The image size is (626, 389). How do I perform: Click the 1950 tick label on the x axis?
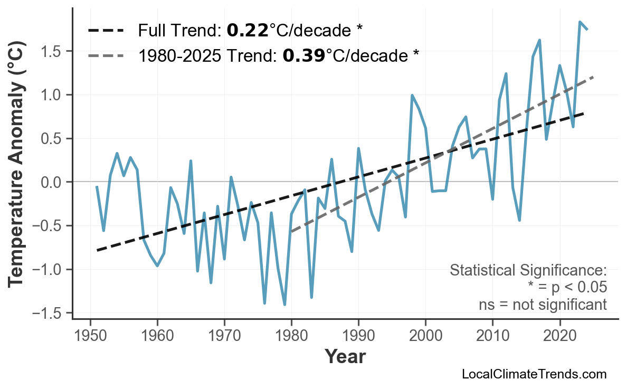click(90, 337)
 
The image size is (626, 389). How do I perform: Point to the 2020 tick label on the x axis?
click(559, 337)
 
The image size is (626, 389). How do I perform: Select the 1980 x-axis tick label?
click(291, 337)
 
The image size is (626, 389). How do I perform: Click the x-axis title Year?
click(344, 357)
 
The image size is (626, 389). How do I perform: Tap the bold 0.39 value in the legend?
click(304, 55)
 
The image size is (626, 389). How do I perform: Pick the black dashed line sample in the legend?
click(106, 31)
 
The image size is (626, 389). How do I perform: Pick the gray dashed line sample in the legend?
click(106, 55)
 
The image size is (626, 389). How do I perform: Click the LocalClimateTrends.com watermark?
click(534, 374)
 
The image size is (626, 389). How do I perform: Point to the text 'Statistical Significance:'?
click(528, 271)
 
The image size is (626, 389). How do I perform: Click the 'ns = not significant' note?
click(543, 305)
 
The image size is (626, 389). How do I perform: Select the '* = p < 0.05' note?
click(567, 288)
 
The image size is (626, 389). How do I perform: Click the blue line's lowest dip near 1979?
click(284, 305)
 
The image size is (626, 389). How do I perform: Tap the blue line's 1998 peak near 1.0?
click(412, 96)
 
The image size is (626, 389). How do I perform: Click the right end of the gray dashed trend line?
click(594, 77)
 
